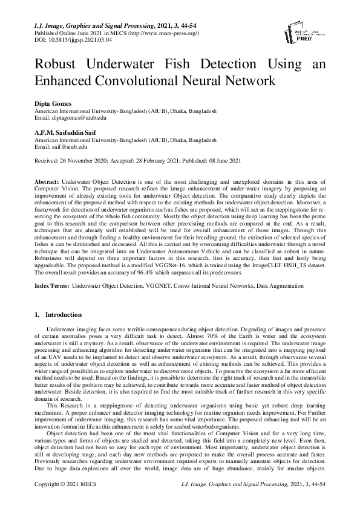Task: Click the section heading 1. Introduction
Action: point(59,314)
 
